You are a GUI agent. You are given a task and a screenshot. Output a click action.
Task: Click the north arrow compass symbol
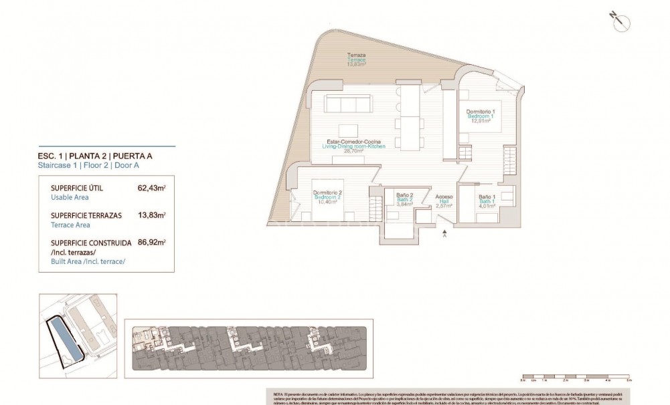619,19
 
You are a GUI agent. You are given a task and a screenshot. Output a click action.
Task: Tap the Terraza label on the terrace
356,55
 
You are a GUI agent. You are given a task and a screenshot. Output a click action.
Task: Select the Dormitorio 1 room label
480,111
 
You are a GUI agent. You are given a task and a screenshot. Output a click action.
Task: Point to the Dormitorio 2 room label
328,193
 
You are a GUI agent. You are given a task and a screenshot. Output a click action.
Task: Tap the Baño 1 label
486,196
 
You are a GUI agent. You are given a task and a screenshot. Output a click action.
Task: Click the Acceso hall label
444,197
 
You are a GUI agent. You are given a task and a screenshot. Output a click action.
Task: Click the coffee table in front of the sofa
347,130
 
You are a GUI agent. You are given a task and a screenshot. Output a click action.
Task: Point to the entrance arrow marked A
444,233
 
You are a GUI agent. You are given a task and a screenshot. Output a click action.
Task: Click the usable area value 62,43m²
151,188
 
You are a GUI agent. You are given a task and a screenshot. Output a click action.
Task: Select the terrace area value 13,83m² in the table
151,215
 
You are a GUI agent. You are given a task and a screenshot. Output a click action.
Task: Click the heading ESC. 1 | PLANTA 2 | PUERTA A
95,156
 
